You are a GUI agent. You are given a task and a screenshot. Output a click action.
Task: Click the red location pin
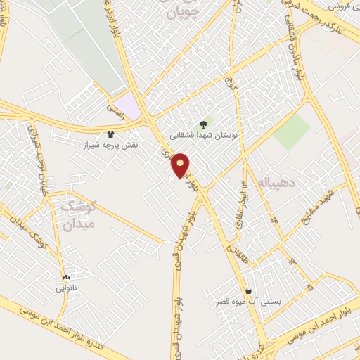click(181, 164)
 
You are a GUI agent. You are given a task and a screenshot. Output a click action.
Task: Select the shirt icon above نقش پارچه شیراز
click(110, 134)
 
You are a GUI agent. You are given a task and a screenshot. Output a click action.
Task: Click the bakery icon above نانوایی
click(66, 278)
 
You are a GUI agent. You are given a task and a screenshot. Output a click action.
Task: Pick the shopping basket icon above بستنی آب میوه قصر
click(248, 290)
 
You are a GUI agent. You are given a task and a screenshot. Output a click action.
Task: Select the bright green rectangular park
click(292, 131)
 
